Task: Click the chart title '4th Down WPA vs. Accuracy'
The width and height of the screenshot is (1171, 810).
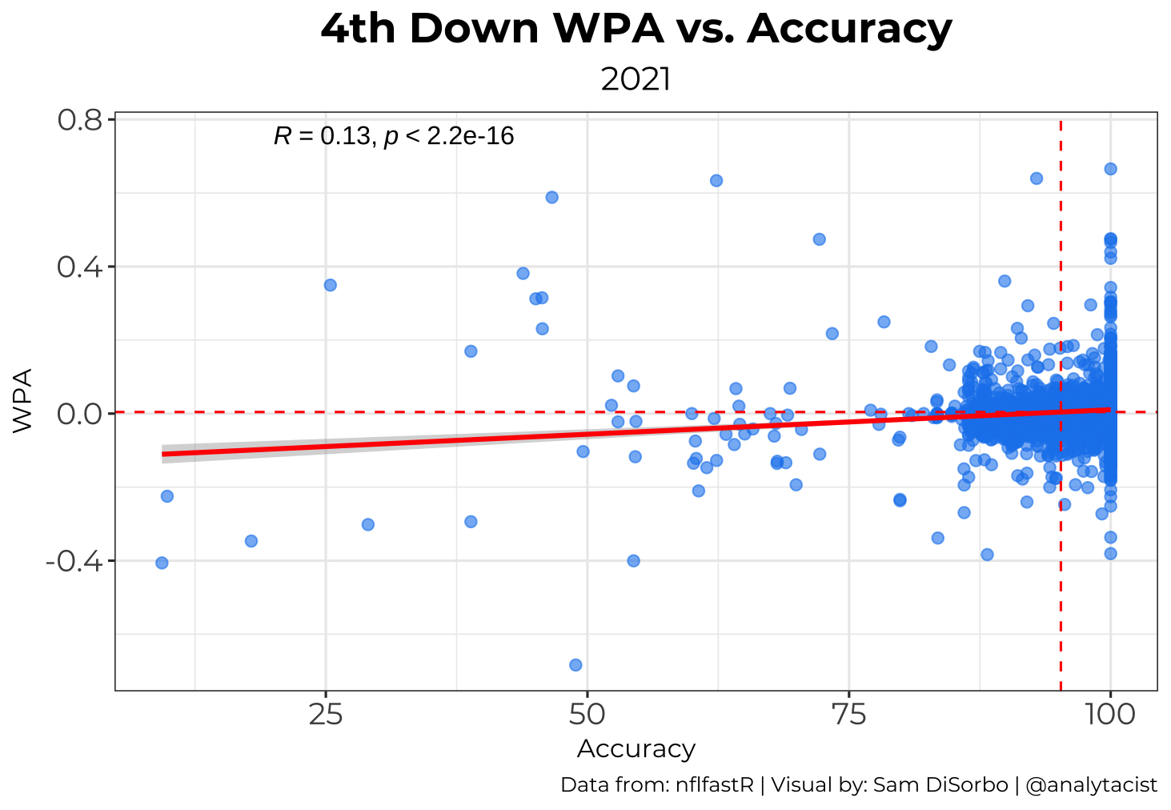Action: [636, 29]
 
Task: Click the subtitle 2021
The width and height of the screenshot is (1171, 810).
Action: [636, 80]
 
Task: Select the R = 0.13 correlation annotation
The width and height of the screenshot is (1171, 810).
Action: [393, 136]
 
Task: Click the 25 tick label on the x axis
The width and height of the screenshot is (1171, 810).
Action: [325, 714]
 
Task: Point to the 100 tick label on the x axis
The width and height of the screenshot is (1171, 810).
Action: [1109, 714]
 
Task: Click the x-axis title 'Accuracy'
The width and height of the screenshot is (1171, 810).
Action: [636, 749]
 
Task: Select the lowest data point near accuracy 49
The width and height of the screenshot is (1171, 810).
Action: [575, 664]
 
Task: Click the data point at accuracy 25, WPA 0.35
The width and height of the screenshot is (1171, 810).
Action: [330, 285]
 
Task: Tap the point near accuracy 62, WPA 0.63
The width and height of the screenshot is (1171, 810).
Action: [716, 180]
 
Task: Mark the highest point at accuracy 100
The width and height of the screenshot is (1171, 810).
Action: [1110, 169]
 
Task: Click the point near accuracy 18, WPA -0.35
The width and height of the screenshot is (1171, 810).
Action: [251, 541]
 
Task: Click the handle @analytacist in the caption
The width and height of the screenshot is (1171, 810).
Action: [1091, 785]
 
